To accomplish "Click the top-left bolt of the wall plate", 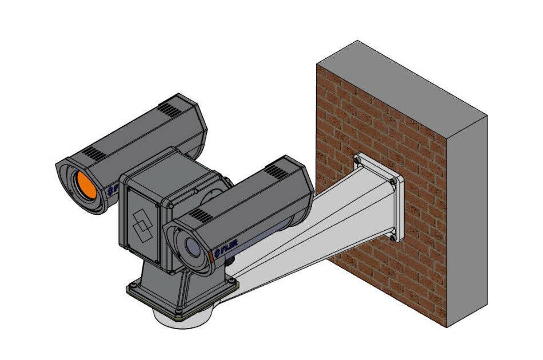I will pyautogui.click(x=358, y=162).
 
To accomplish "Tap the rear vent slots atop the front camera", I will pyautogui.click(x=277, y=170).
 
